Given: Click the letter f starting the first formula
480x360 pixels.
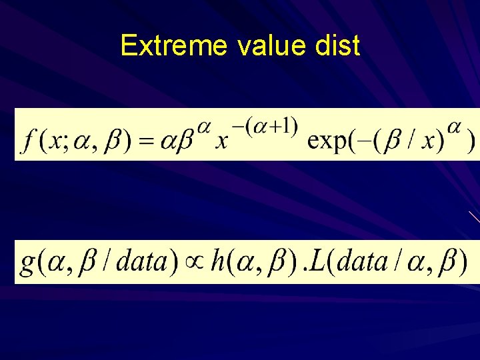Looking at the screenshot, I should click(29, 142).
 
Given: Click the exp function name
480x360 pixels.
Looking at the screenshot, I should click(331, 142).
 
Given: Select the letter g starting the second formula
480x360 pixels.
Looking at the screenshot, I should click(28, 262).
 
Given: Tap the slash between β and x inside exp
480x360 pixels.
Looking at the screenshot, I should click(411, 142).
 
